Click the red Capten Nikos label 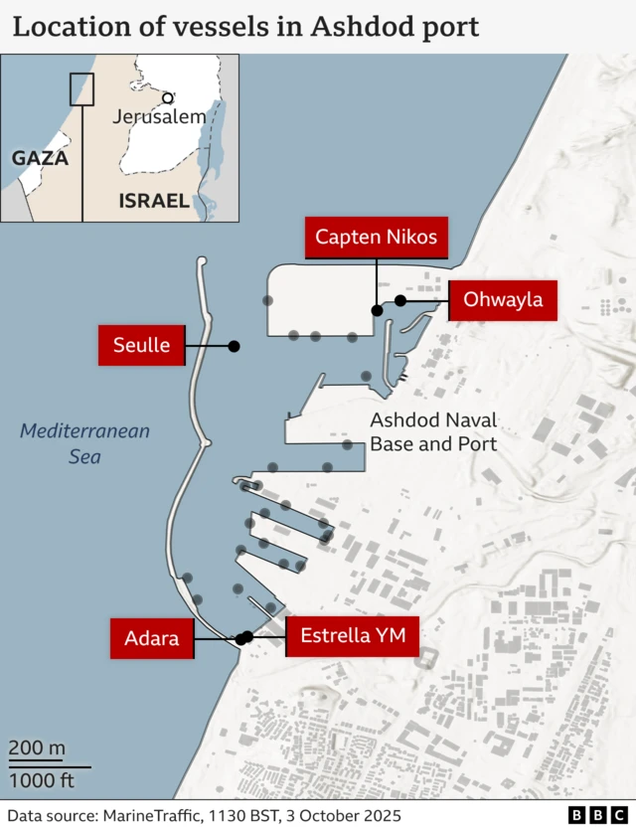click(376, 238)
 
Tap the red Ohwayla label click(503, 299)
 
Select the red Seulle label click(141, 345)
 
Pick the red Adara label click(151, 638)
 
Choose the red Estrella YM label click(353, 635)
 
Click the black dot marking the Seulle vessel click(235, 346)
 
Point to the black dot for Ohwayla click(400, 300)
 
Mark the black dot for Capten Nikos click(377, 311)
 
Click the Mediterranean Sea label click(84, 443)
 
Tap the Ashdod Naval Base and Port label click(433, 432)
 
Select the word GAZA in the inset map click(40, 158)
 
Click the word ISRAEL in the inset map click(154, 201)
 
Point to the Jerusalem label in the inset click(159, 116)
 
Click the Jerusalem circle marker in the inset click(168, 98)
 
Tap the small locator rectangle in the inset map click(81, 89)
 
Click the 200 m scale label click(37, 748)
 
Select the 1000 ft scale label click(41, 780)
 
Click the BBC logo click(590, 814)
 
